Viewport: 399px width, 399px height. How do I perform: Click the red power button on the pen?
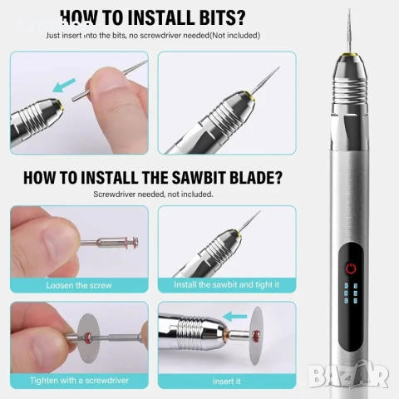tap(351, 268)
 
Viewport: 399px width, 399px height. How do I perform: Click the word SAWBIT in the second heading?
tap(198, 177)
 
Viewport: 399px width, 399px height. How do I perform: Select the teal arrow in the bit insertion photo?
tap(64, 85)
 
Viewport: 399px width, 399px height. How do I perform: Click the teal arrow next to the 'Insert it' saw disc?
tap(234, 316)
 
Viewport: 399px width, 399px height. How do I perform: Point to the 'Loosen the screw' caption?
tap(79, 285)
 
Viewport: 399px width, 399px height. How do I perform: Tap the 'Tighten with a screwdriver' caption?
tap(79, 380)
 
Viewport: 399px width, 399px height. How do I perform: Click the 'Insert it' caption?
tap(227, 382)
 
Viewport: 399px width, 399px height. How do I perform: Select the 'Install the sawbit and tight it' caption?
tap(227, 284)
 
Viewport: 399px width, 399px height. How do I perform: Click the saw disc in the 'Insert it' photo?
tap(256, 336)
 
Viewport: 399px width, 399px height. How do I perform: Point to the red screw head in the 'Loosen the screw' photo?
tap(134, 242)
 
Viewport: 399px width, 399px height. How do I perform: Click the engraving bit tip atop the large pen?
tap(349, 11)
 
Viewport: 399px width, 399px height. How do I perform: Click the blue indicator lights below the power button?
tap(351, 293)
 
